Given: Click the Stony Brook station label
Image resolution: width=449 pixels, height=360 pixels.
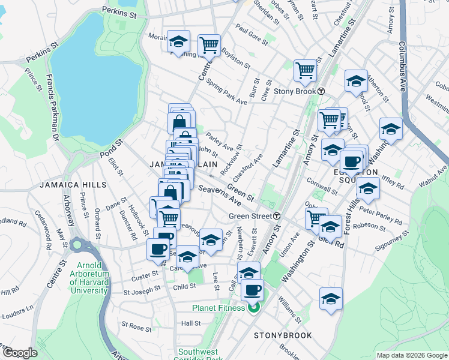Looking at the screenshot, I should [295, 91].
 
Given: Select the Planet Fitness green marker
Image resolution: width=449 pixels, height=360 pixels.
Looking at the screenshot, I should [253, 308].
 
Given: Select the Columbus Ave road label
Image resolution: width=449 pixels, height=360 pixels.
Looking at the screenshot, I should [400, 66].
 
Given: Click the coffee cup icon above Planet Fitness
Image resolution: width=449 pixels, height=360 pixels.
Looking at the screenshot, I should [252, 290].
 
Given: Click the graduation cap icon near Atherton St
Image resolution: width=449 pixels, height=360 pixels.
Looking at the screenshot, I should [356, 80].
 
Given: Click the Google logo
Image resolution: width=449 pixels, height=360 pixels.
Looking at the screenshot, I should [20, 353].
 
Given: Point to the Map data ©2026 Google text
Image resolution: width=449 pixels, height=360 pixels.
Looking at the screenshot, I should [412, 355].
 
